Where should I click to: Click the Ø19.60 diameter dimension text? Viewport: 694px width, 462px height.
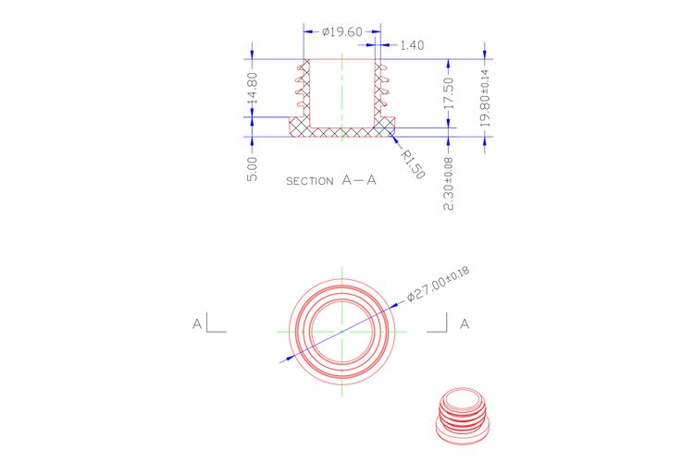pyautogui.click(x=342, y=31)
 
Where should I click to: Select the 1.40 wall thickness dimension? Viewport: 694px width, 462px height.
pyautogui.click(x=412, y=45)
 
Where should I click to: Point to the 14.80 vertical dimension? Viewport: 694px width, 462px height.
pyautogui.click(x=253, y=88)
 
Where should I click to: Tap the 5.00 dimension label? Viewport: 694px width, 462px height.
pyautogui.click(x=252, y=169)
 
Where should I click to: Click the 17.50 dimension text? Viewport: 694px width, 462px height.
pyautogui.click(x=449, y=93)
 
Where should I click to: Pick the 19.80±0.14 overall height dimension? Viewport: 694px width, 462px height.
pyautogui.click(x=485, y=98)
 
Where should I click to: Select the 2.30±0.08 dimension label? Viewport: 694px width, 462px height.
pyautogui.click(x=449, y=184)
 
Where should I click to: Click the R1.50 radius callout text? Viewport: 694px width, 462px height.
pyautogui.click(x=413, y=164)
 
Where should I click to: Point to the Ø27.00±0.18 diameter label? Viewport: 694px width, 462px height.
pyautogui.click(x=439, y=284)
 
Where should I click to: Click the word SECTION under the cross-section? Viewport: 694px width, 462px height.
pyautogui.click(x=310, y=181)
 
